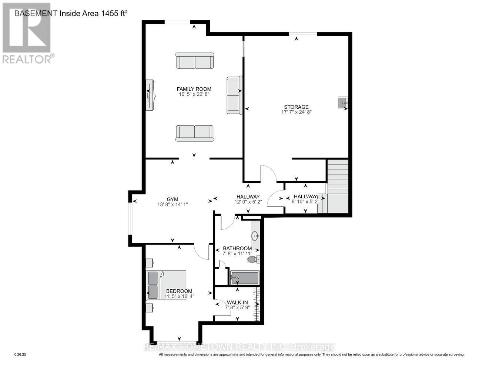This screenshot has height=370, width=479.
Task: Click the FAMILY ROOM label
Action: click(x=194, y=89)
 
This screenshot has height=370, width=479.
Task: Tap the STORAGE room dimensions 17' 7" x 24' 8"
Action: click(x=297, y=112)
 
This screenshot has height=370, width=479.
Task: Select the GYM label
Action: click(x=172, y=199)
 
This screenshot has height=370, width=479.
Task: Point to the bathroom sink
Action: click(x=255, y=235)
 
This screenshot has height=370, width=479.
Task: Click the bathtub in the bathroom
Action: click(x=244, y=278)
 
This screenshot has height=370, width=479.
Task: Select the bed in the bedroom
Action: click(x=167, y=285)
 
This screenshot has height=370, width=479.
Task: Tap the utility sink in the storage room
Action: click(x=343, y=102)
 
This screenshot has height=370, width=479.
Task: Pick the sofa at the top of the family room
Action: click(x=195, y=61)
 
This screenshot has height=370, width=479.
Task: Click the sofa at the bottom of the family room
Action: click(x=195, y=133)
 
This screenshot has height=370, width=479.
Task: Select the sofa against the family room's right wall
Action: click(x=234, y=95)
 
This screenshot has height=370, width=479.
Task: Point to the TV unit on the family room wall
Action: click(x=150, y=95)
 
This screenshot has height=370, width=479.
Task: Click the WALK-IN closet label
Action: click(x=237, y=302)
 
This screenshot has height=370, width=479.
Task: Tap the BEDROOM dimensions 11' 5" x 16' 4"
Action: click(x=179, y=296)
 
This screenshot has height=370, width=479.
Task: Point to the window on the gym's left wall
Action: click(x=130, y=218)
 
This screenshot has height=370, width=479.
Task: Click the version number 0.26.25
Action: click(x=20, y=354)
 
